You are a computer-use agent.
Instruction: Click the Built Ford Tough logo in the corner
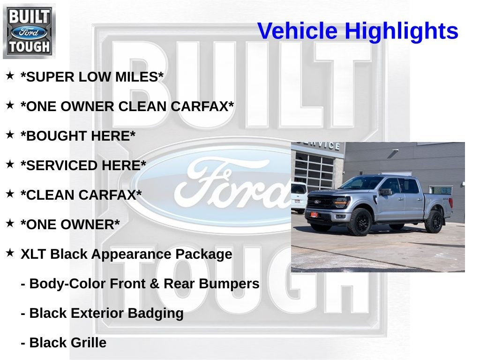(x=29, y=31)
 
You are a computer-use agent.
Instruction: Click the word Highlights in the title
(x=402, y=31)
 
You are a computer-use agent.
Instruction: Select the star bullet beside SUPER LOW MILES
(x=10, y=75)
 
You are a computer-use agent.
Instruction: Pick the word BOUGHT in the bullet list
(x=56, y=136)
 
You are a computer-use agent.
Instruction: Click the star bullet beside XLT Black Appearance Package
(x=10, y=253)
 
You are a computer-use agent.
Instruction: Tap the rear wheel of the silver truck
(x=434, y=222)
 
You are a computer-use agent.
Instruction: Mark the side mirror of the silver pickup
(x=385, y=192)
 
